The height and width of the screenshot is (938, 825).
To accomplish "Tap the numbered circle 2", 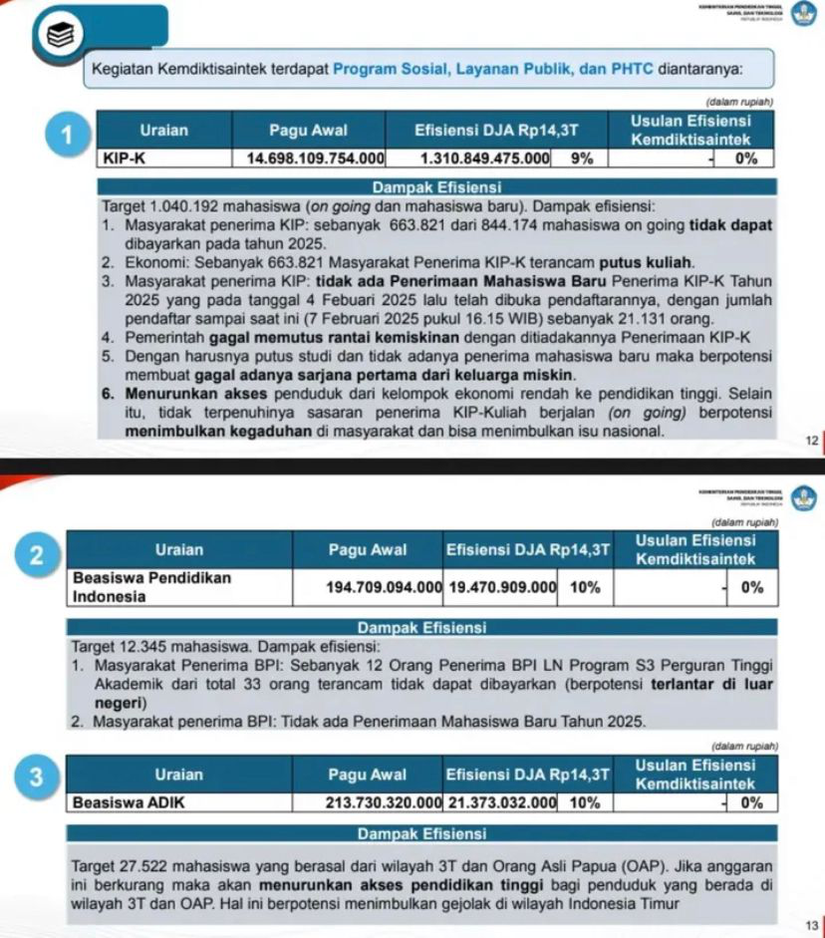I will (39, 556).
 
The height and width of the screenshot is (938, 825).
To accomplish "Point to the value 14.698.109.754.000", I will (316, 158).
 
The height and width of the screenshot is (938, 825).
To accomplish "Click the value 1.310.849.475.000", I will (485, 158).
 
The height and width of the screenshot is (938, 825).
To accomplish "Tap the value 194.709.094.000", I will (384, 588).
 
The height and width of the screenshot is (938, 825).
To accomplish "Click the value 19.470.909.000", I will (501, 588).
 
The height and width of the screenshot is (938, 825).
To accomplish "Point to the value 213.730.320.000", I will (384, 802).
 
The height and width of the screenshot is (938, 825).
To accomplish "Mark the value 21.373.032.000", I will (501, 802).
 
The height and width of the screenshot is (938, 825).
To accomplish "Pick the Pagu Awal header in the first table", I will (308, 130).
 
